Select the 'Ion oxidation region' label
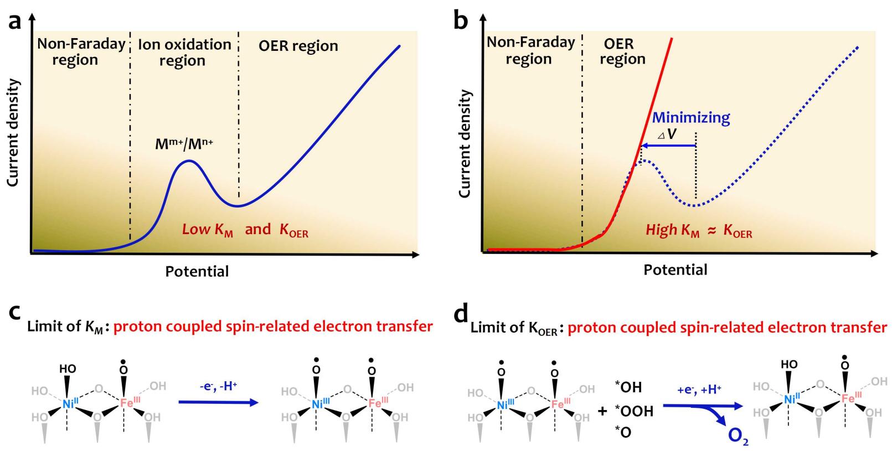pos(184,53)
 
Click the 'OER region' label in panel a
pos(298,46)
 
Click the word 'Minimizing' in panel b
pos(691,117)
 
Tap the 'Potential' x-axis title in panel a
pos(197,271)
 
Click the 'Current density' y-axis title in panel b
pos(465,144)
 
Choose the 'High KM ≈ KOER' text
pos(699,231)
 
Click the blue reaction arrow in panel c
pos(218,403)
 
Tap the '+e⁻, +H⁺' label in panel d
pos(699,390)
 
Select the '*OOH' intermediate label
pos(634,411)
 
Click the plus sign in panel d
pos(603,411)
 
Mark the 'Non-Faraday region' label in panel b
pos(530,51)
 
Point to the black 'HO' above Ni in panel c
pos(68,369)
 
